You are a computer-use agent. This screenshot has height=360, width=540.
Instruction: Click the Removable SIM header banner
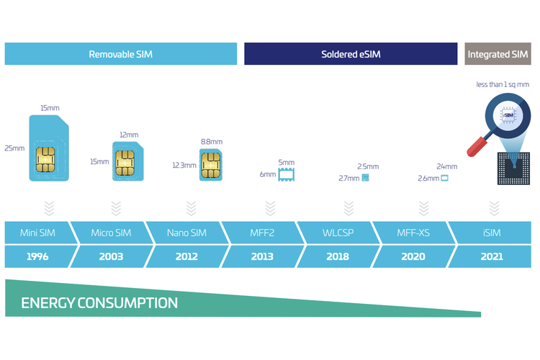121,54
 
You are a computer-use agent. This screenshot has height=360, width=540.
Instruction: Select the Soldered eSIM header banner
351,54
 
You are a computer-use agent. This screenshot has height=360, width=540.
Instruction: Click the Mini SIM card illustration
48,149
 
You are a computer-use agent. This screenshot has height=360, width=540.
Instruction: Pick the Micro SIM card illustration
128,161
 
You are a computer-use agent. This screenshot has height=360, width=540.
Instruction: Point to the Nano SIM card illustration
210,165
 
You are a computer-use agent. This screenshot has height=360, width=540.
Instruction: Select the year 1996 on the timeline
37,256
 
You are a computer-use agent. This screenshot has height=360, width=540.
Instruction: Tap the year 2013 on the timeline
262,256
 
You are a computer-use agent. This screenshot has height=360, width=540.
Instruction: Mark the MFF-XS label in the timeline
414,233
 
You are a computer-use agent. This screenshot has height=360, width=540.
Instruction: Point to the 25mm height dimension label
14,148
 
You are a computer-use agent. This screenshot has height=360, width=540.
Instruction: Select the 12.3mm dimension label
184,165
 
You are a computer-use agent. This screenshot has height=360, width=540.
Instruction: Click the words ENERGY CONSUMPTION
99,302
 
